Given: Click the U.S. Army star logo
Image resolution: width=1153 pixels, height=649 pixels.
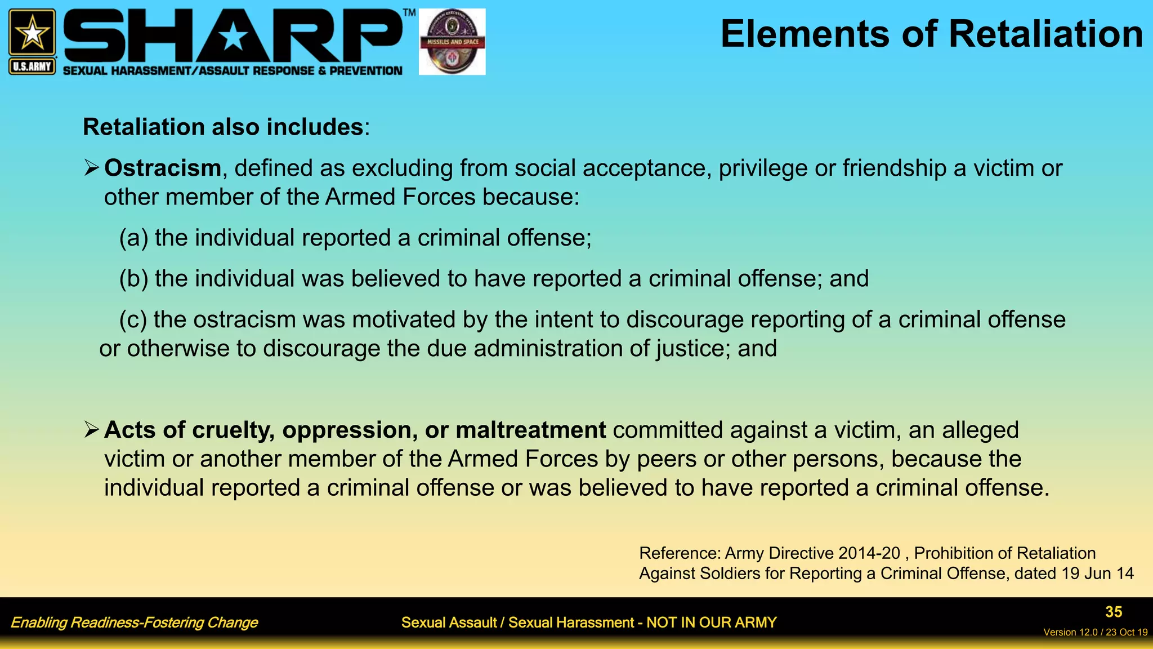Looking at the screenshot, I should pos(32,33).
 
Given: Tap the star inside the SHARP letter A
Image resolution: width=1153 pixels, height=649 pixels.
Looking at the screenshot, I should pos(233,38).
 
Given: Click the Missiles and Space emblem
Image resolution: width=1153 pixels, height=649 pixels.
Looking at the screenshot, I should pos(452,42).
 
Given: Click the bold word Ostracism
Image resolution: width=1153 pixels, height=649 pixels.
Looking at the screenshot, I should pos(163,168).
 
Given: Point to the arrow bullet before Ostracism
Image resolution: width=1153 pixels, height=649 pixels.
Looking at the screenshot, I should pos(92,167).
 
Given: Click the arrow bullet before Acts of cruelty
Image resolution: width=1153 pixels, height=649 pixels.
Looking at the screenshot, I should pos(92,429).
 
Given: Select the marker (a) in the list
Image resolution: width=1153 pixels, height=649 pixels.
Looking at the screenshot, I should pos(133,238).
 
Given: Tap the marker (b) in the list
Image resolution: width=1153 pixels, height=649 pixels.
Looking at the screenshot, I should pos(133,279).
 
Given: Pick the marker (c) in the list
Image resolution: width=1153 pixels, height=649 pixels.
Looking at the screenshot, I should pos(133,320).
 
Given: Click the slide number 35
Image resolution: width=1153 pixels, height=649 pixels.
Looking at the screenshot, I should pos(1113,612).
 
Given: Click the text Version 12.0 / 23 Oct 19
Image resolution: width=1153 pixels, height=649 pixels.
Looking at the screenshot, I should pos(1095,632).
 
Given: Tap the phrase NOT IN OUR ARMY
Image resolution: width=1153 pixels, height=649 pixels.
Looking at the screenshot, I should pos(711,623).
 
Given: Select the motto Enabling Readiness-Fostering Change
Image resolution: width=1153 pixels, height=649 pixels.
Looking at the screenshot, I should pos(134,623).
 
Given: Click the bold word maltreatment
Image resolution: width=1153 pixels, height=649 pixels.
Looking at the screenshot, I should pos(530,430).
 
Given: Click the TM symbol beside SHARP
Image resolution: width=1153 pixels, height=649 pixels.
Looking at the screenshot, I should pos(409,12).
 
